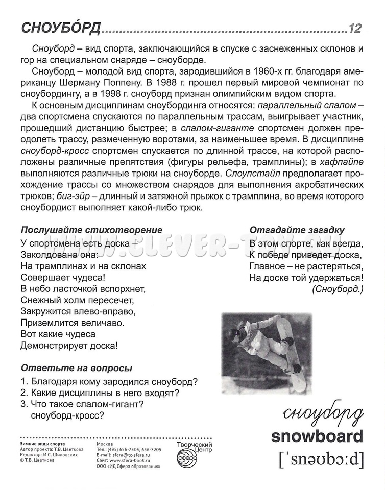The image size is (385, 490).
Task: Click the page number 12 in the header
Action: (355, 29)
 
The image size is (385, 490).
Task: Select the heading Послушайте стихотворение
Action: (92, 230)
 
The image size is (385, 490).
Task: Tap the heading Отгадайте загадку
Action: (297, 230)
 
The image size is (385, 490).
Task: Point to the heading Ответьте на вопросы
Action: (77, 367)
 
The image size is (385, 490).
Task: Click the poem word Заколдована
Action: (46, 254)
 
